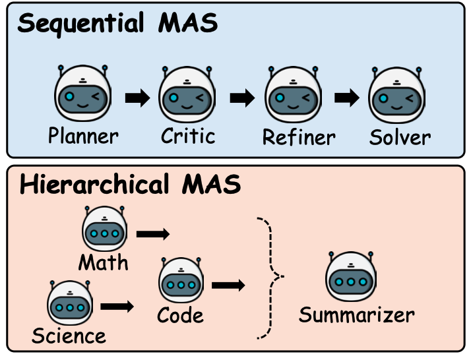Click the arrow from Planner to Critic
click(138, 98)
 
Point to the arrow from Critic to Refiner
click(242, 98)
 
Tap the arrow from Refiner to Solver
click(347, 98)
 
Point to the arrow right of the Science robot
click(117, 307)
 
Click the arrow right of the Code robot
click(228, 285)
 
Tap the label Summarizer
click(357, 315)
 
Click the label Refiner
click(299, 137)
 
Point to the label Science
click(69, 336)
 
